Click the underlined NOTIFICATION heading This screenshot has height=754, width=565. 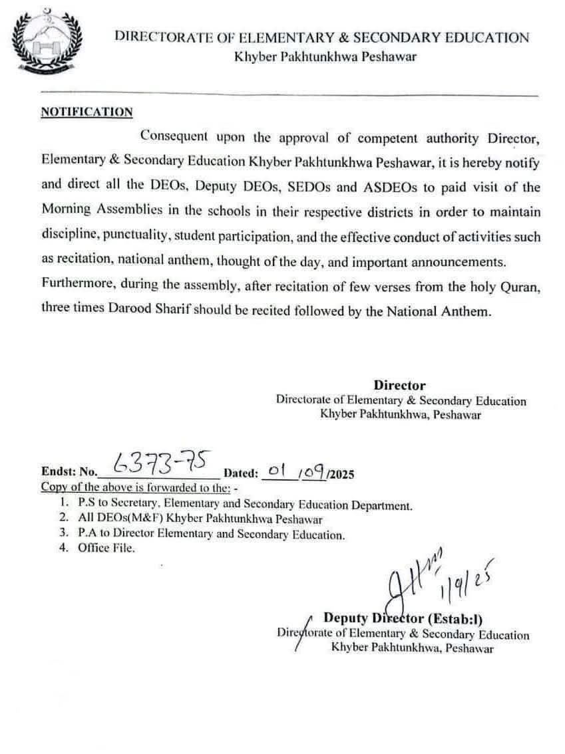[x=87, y=112]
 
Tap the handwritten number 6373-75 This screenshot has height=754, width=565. [x=164, y=461]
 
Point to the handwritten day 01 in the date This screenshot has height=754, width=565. [x=274, y=471]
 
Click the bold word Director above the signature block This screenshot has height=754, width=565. [x=399, y=385]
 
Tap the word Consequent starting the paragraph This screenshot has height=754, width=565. [x=175, y=138]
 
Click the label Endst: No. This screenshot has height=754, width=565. [x=69, y=474]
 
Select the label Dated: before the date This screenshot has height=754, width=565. [x=241, y=474]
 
